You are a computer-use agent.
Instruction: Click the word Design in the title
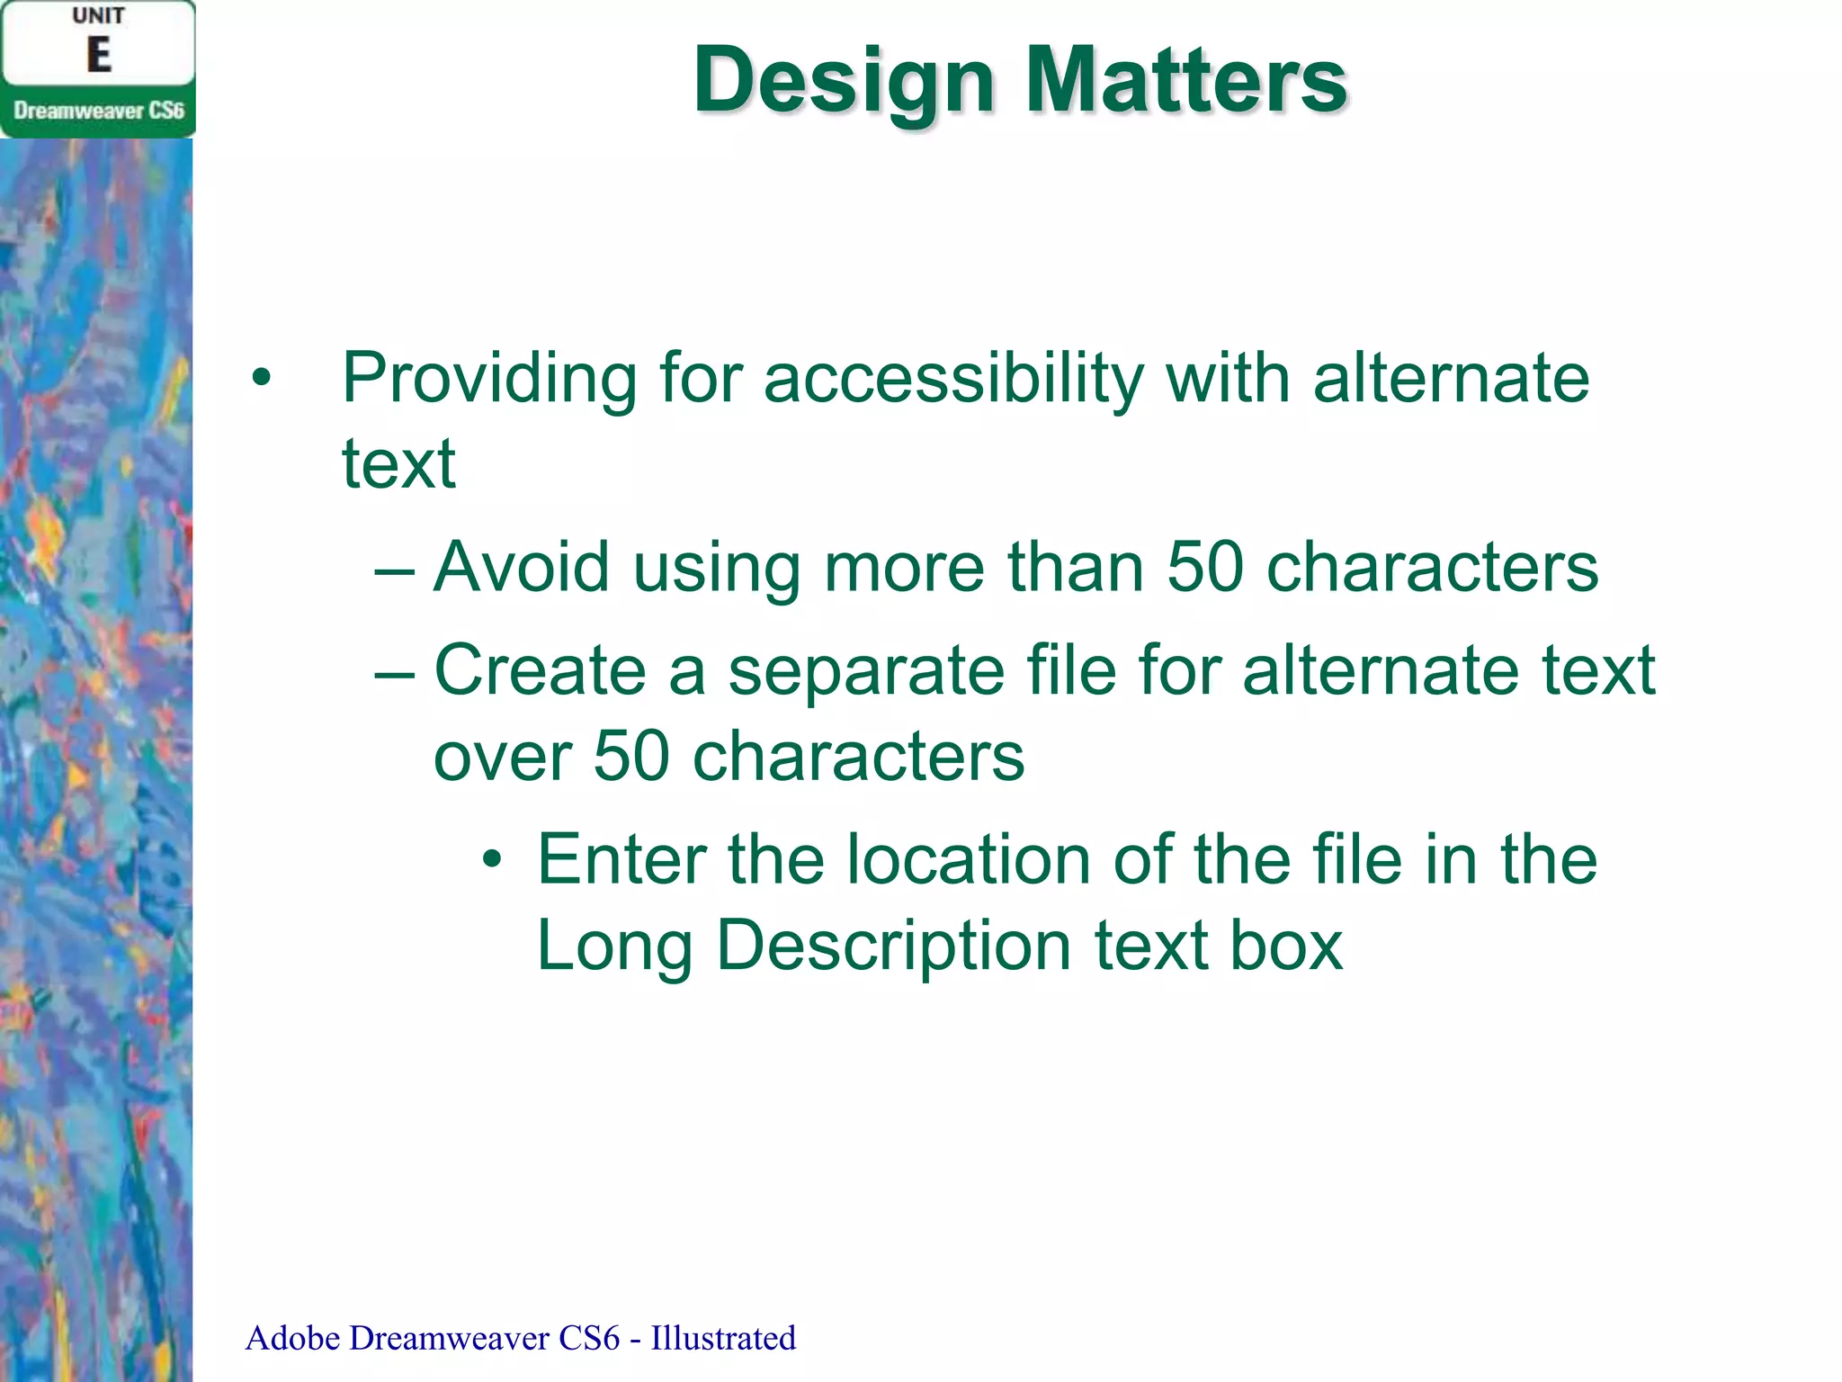[844, 83]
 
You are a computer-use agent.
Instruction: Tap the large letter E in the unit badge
[98, 56]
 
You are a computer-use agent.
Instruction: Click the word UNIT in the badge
[98, 16]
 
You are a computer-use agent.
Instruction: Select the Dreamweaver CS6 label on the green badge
[98, 112]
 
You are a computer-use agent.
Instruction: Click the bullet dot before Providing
[261, 379]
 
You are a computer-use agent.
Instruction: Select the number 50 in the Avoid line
[1205, 568]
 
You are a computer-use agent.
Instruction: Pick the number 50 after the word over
[631, 757]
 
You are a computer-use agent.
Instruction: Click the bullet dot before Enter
[491, 859]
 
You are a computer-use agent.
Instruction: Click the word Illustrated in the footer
[723, 1339]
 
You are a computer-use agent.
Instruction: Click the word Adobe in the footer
[293, 1339]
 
